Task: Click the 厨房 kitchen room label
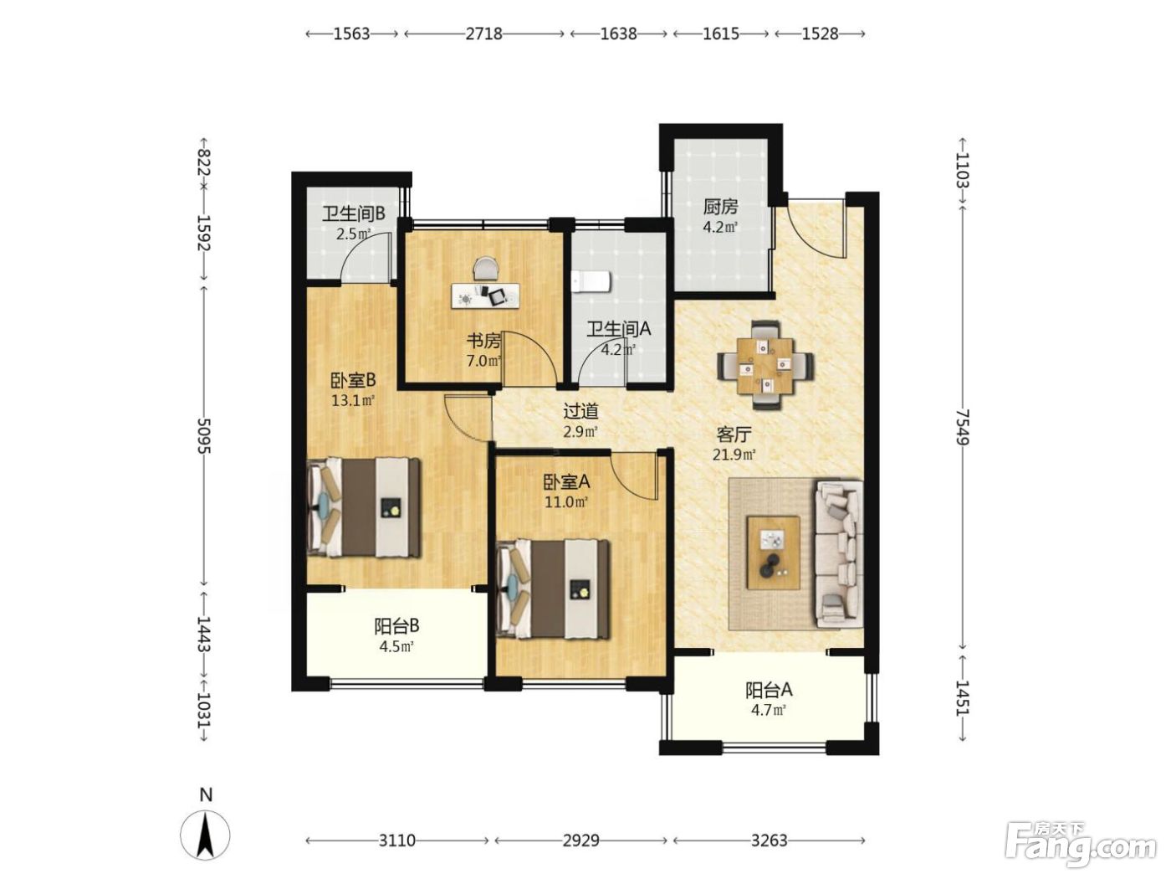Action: tap(720, 206)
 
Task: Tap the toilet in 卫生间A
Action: tap(591, 282)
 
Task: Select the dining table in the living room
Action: tap(766, 365)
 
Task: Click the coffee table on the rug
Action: tap(773, 553)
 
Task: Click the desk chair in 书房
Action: tap(485, 268)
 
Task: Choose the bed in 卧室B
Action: tap(364, 507)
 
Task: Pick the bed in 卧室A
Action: tap(553, 589)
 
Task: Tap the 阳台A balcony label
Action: tap(769, 691)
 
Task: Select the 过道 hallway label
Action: tap(580, 411)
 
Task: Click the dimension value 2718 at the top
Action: tap(483, 33)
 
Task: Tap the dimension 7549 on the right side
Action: tap(962, 426)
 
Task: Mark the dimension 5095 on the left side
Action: tap(204, 435)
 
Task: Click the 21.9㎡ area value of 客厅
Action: tap(734, 455)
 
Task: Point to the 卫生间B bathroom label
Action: tap(353, 214)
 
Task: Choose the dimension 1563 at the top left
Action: tap(351, 33)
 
